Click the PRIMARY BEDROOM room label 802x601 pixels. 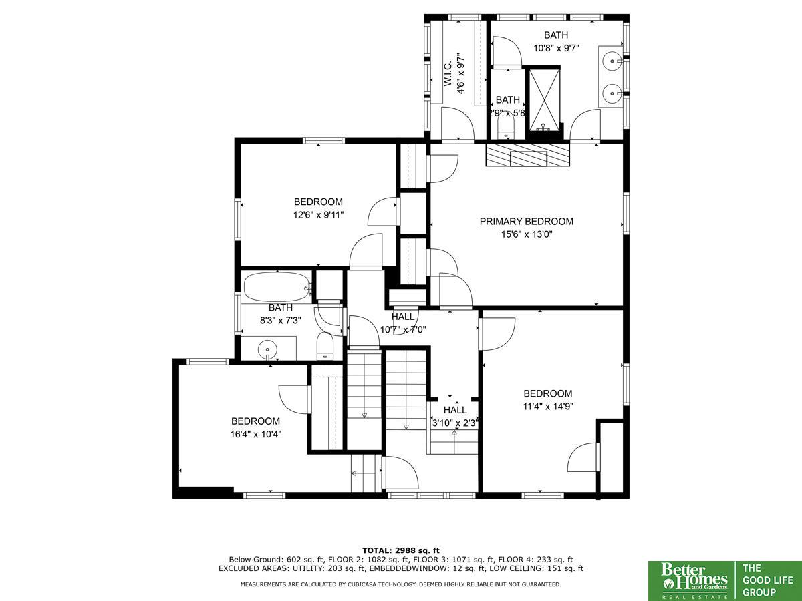coord(526,222)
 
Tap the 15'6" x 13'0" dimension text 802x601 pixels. coord(526,234)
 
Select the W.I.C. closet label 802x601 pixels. coord(448,73)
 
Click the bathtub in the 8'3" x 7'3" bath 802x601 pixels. coord(277,288)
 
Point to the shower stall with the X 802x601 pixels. coord(545,99)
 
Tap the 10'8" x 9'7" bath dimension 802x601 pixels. coord(556,48)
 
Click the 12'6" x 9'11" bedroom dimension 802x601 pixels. coord(318,215)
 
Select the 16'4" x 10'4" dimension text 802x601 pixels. coord(256,434)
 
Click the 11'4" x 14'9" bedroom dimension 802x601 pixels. coord(548,407)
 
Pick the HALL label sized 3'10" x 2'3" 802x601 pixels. coord(455,410)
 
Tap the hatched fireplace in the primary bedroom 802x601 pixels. coord(527,155)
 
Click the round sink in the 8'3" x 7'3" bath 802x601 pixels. coord(267,349)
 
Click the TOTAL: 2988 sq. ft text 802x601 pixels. coord(401,551)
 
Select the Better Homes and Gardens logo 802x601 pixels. coord(692,581)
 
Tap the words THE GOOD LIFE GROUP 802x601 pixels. coord(768,580)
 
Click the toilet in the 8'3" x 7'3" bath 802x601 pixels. coord(325,345)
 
